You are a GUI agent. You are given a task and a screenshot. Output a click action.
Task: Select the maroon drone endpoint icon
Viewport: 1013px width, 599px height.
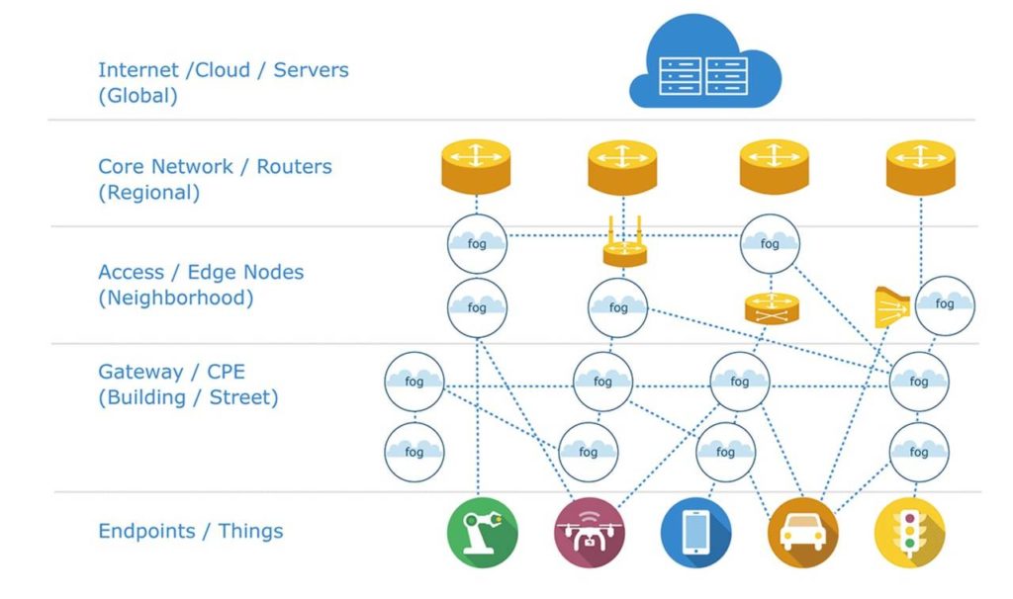coord(588,532)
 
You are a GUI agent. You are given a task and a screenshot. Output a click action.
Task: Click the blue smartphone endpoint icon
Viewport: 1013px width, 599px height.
coord(694,532)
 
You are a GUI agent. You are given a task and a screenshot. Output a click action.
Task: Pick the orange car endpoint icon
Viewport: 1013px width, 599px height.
coord(802,532)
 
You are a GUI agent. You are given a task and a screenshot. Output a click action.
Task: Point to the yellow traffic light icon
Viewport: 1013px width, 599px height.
coord(909,532)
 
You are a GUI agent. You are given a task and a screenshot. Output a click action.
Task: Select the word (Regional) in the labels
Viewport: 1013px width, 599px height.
coord(148,193)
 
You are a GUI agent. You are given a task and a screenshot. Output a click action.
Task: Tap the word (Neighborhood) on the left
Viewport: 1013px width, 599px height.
coord(175,299)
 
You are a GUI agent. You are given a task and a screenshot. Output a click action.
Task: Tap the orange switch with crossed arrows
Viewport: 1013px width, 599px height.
coord(771,308)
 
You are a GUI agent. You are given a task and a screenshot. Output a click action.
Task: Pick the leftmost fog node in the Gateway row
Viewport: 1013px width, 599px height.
coord(414,381)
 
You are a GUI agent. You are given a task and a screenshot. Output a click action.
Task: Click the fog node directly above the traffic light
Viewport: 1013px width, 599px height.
coord(919,451)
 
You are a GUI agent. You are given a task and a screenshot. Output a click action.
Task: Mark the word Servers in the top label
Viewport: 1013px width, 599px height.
coord(312,71)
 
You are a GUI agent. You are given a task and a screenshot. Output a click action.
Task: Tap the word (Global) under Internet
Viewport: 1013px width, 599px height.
coord(138,97)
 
